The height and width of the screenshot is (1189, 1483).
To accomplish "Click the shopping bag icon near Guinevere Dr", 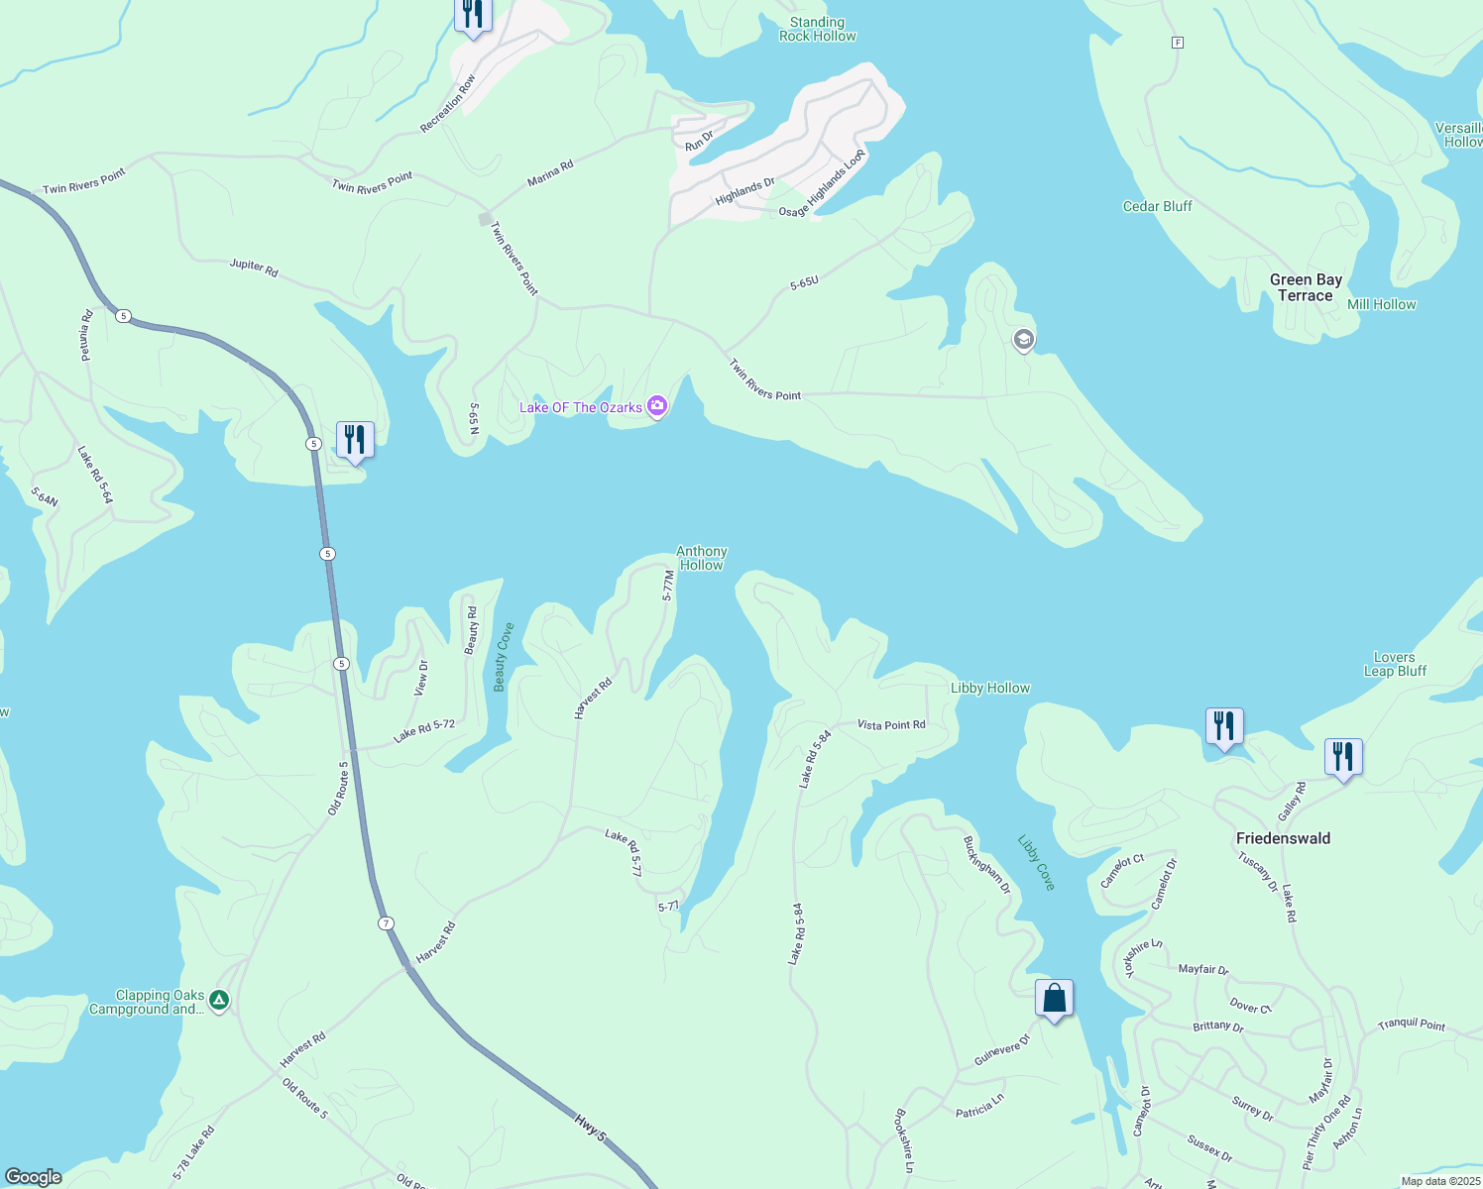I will coord(1054,998).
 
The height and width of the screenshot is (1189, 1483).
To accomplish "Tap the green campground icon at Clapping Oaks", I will coord(219,1001).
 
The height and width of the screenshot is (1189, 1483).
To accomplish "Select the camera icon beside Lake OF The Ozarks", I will coord(656,406).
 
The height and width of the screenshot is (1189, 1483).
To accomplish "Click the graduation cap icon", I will coord(1023,341).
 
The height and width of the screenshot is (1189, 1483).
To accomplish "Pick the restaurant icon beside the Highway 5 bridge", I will coord(355,439).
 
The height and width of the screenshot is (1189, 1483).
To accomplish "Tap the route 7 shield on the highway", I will coord(386,923).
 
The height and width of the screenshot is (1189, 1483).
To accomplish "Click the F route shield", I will coord(1177,43).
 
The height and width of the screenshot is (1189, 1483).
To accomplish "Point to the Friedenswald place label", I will coord(1283,838).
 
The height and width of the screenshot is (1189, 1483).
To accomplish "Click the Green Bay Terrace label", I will coord(1306,287).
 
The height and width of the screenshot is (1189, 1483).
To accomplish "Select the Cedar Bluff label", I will coord(1157,206).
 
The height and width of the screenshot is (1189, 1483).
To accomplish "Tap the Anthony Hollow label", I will coord(701,558).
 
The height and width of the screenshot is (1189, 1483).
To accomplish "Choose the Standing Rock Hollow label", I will coord(817,29).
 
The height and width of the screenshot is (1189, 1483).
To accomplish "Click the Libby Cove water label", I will coord(1036,862).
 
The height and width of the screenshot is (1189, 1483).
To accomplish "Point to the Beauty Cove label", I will coord(504,657).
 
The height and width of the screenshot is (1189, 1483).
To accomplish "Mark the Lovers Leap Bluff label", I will coord(1394,664).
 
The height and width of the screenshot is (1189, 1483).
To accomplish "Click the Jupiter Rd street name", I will coord(254,267).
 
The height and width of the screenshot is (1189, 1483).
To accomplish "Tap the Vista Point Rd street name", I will coord(891,725).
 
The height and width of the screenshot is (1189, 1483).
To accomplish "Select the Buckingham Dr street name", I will coord(986,864).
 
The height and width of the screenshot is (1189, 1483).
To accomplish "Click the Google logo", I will coord(34,1176).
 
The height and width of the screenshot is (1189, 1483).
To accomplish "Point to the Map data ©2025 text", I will coord(1439,1181).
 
